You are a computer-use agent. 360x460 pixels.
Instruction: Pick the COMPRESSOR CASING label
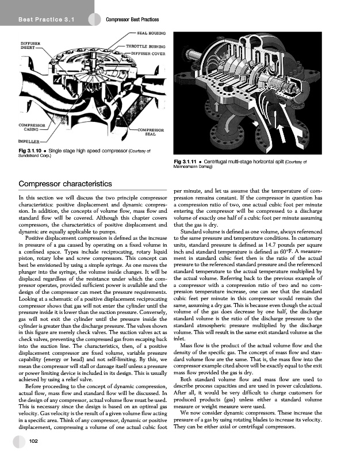point(33,127)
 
